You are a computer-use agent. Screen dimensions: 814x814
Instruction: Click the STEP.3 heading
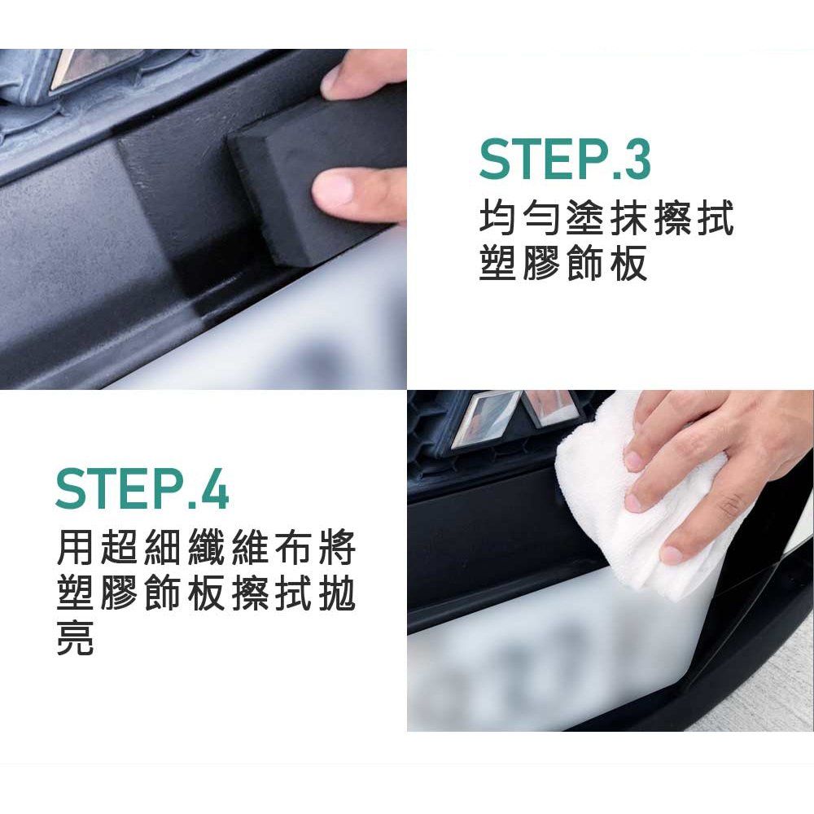coord(564,160)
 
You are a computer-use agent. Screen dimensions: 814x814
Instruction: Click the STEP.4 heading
coord(142,488)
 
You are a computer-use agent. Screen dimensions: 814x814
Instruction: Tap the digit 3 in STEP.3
coord(635,160)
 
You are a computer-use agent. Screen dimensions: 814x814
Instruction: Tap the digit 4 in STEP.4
coord(213,488)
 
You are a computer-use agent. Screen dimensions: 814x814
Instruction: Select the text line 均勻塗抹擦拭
coord(606,218)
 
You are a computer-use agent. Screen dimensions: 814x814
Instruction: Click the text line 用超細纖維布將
coord(206,547)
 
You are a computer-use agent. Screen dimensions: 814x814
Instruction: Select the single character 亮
coord(75,637)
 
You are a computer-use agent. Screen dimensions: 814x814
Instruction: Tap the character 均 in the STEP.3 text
coord(497,218)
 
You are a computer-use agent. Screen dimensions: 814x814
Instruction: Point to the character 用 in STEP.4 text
coord(75,547)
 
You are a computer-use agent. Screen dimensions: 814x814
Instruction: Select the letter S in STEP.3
coord(494,160)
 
